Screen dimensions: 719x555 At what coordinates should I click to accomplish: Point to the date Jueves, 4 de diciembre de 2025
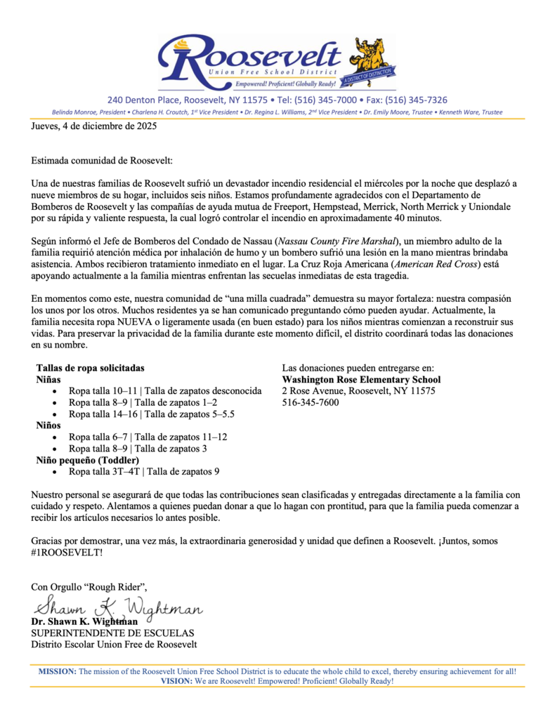pyautogui.click(x=93, y=127)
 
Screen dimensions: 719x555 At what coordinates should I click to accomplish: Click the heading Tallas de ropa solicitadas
pyautogui.click(x=90, y=368)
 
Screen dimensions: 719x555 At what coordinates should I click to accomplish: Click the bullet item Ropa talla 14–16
pyautogui.click(x=151, y=414)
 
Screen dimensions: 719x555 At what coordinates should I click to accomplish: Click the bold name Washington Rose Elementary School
pyautogui.click(x=361, y=380)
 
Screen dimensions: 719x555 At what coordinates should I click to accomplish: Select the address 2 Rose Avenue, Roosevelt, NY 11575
pyautogui.click(x=358, y=391)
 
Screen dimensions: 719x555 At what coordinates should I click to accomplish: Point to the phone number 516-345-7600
pyautogui.click(x=310, y=403)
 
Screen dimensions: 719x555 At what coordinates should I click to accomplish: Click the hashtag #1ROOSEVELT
pyautogui.click(x=67, y=553)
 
